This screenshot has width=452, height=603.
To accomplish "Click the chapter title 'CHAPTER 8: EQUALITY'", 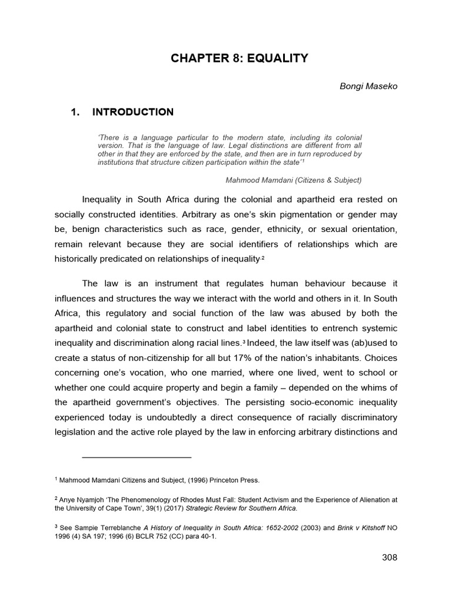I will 240,58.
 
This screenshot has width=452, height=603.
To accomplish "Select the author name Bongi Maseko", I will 364,86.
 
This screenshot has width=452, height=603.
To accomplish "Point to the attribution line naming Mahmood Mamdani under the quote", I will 290,180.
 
